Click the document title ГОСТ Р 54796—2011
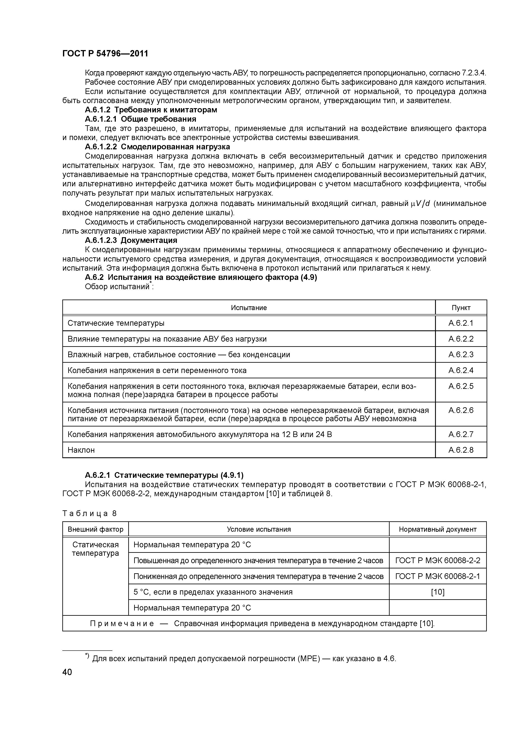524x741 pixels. pyautogui.click(x=105, y=54)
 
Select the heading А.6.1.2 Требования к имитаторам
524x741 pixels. pyautogui.click(x=151, y=110)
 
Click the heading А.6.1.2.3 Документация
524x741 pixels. pyautogui.click(x=131, y=240)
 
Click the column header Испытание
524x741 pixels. pyautogui.click(x=249, y=308)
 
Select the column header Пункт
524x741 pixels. pyautogui.click(x=461, y=308)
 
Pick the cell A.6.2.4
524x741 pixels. pyautogui.click(x=461, y=370)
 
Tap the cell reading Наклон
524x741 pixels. pyautogui.click(x=81, y=450)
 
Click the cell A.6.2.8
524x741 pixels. pyautogui.click(x=461, y=450)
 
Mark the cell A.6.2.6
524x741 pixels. pyautogui.click(x=461, y=410)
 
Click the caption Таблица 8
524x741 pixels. pyautogui.click(x=89, y=513)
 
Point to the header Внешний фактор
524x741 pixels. pyautogui.click(x=95, y=529)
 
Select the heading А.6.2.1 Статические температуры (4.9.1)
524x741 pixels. pyautogui.click(x=164, y=475)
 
